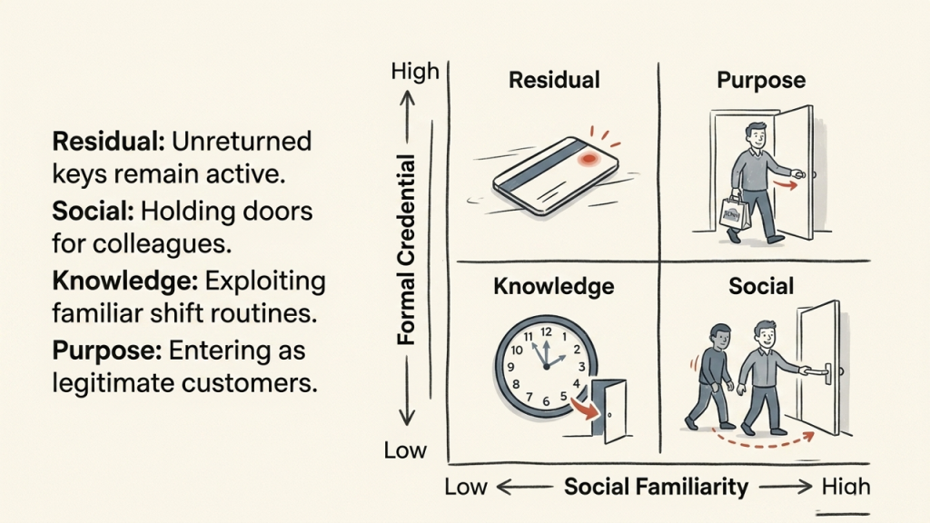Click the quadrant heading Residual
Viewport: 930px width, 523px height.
554,80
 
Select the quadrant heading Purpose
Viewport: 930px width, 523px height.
761,81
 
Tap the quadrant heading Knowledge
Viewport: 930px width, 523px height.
554,286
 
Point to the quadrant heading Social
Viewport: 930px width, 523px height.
761,286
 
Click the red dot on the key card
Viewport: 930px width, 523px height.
589,159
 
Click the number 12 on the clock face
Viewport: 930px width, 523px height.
546,332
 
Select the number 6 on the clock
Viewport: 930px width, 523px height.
546,401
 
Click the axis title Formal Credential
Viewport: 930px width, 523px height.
406,250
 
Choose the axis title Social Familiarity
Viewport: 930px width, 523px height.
656,487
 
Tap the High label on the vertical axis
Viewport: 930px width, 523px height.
415,72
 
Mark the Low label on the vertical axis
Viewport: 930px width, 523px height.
405,450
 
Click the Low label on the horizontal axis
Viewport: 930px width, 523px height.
466,488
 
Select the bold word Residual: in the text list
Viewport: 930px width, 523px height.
109,142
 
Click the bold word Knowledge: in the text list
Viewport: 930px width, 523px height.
125,281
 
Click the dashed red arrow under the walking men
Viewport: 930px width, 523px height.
765,441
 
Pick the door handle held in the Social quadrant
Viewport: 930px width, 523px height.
818,371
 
